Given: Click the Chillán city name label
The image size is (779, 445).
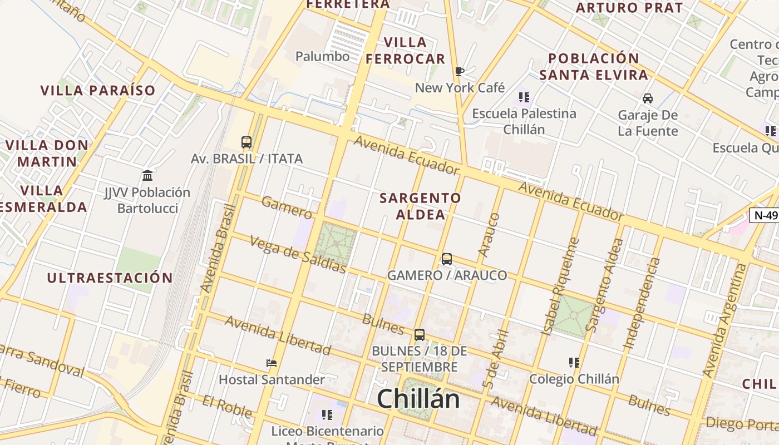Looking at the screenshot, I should click(418, 399).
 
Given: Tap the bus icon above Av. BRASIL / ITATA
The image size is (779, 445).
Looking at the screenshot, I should click(246, 142).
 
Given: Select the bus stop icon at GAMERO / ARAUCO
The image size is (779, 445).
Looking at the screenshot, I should click(447, 259).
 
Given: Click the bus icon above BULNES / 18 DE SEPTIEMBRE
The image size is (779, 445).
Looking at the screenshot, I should click(420, 335).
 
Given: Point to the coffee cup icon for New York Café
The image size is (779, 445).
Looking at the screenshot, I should click(459, 71).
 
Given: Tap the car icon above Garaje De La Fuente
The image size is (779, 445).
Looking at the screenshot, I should click(648, 98).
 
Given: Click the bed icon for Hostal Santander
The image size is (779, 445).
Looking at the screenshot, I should click(272, 363).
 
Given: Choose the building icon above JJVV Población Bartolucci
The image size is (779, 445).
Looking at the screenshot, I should click(147, 176).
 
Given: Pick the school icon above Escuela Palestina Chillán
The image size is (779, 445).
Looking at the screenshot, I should click(524, 97).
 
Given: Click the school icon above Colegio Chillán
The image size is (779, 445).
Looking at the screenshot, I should click(574, 363).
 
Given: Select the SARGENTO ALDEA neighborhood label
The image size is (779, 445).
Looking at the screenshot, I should click(421, 206).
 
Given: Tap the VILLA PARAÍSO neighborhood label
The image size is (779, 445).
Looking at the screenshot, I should click(98, 90).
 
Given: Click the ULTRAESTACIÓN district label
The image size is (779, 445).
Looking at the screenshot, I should click(110, 278).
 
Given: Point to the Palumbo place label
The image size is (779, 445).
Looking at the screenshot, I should click(322, 56).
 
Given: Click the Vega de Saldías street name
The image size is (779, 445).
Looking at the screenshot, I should click(298, 255).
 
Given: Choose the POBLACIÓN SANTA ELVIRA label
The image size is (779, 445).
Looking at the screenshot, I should click(594, 66).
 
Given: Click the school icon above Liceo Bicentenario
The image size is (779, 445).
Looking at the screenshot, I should click(327, 414).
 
